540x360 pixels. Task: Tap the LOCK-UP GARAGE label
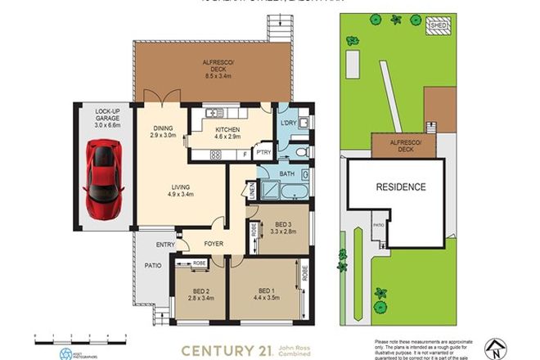107,119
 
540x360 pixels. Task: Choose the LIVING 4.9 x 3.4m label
181,191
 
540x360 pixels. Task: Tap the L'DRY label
287,122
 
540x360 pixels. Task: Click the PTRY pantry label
263,152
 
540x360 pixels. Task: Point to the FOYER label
214,242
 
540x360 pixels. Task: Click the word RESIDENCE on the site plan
401,187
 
